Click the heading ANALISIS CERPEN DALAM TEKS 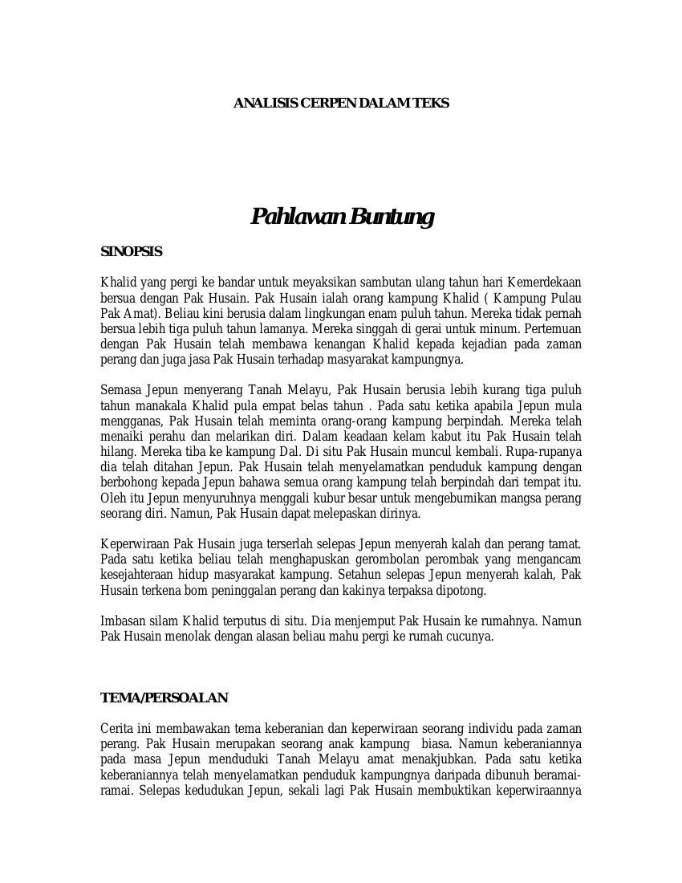pos(341,104)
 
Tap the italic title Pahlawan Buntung pos(343,217)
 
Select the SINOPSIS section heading pos(132,252)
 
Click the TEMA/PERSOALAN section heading pos(164,698)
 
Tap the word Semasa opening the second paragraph pos(121,391)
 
